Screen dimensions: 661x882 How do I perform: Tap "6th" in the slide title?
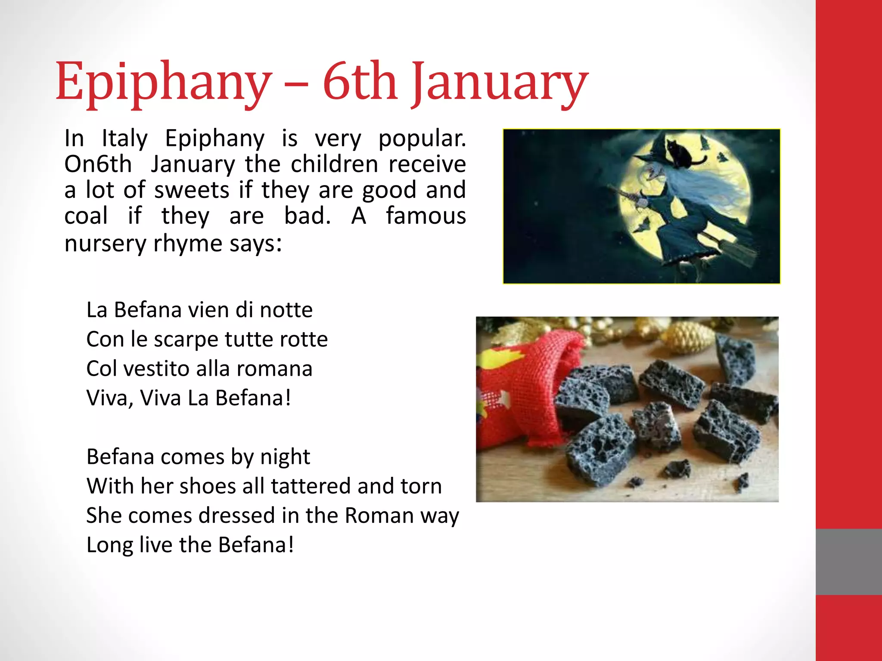tap(360, 82)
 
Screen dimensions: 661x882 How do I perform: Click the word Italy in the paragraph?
tap(124, 139)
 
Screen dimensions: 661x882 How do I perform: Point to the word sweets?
tap(192, 190)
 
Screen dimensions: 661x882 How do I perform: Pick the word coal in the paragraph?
tap(86, 216)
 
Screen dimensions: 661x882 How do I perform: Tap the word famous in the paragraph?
tap(425, 216)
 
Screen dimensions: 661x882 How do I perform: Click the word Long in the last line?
tap(109, 545)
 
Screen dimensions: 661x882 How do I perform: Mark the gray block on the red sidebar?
tap(848, 562)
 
